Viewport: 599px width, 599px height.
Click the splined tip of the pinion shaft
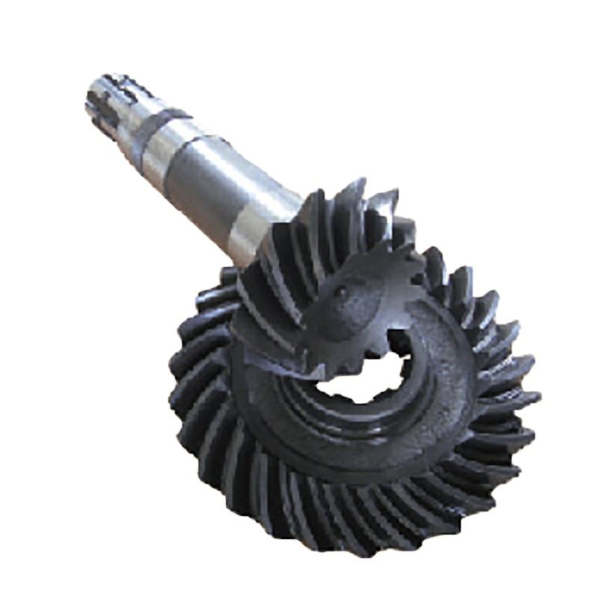click(x=112, y=101)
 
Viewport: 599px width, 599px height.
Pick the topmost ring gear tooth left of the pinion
click(x=224, y=277)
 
